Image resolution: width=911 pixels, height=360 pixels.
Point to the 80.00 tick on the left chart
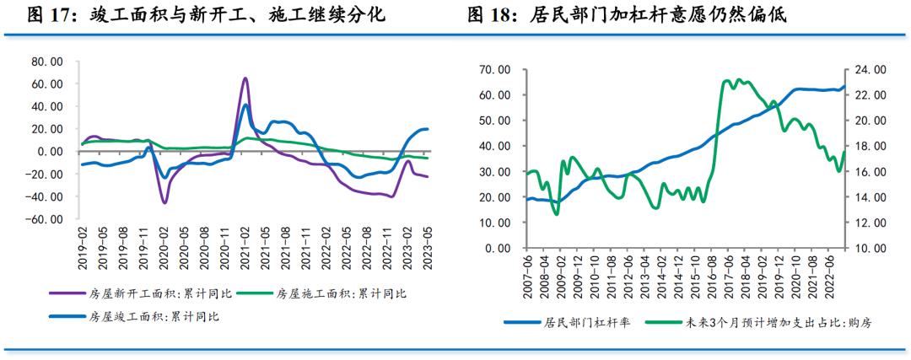46,62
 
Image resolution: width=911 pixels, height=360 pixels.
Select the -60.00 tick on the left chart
45,219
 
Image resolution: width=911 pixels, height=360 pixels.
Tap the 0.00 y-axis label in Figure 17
51,152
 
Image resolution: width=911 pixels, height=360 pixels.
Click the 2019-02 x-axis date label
83,245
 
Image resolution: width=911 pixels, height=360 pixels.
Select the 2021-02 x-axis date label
245,245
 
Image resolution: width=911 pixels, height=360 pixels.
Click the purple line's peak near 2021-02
245,78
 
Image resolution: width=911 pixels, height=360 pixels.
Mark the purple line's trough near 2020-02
164,202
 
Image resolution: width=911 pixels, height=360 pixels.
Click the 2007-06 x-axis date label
527,275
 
